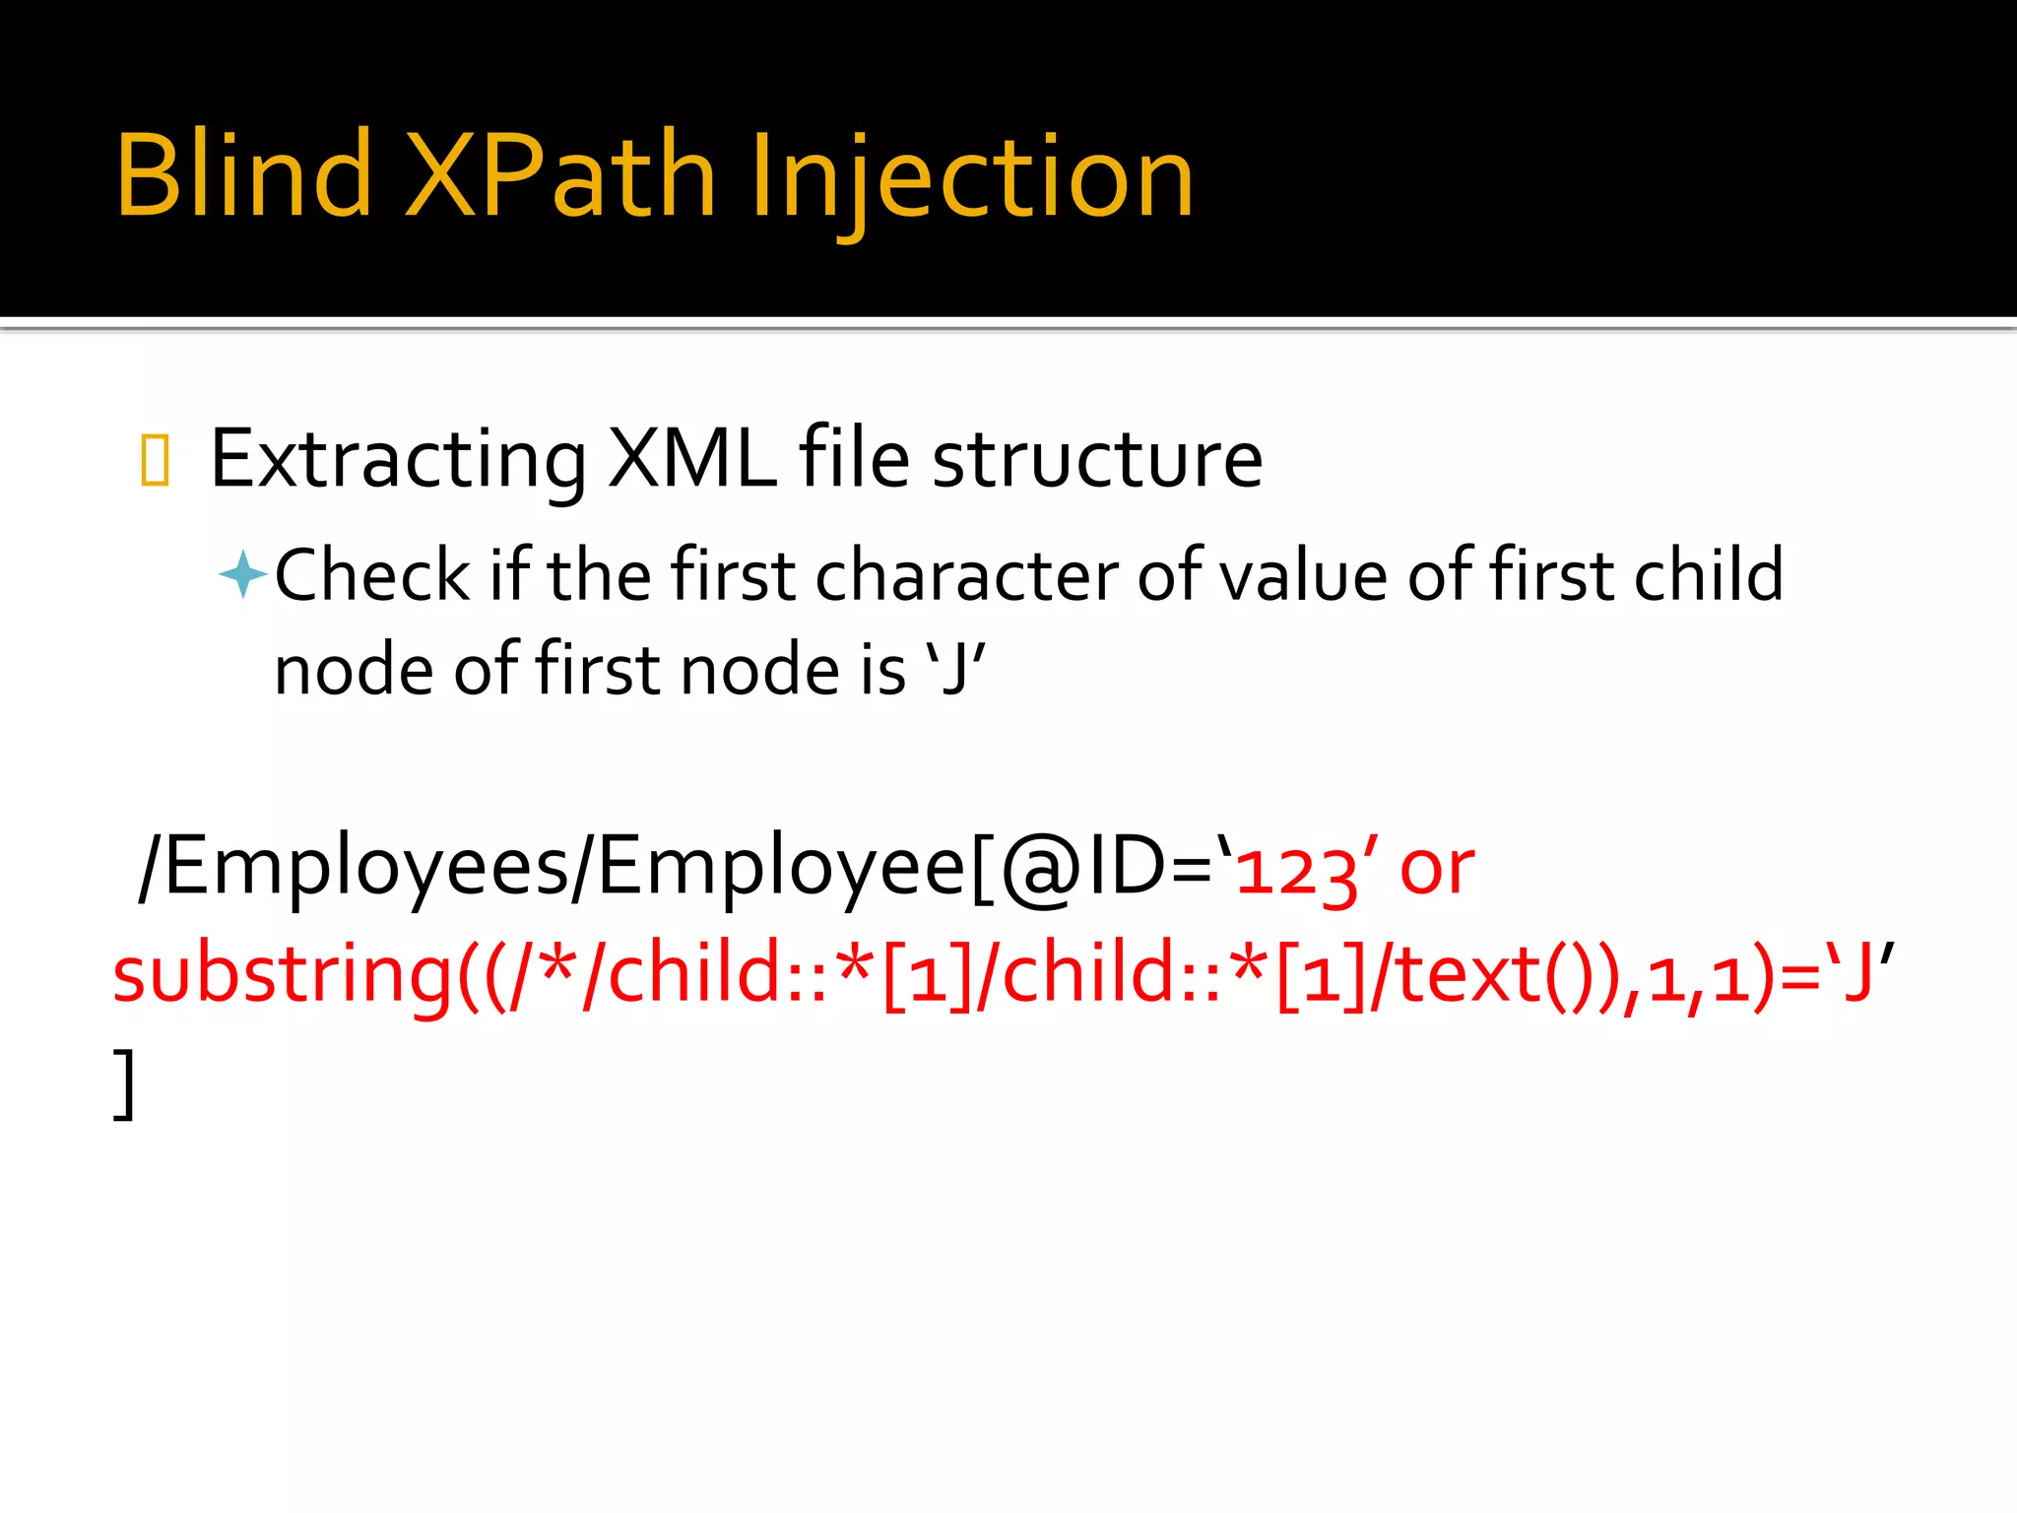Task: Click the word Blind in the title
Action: [242, 175]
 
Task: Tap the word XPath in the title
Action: [560, 175]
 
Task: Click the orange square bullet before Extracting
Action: [155, 461]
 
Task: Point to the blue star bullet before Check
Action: [241, 574]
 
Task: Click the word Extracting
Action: [398, 459]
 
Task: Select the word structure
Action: [1096, 459]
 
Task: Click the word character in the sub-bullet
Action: [965, 574]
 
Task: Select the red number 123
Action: [1296, 871]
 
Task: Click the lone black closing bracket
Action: [124, 1084]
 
